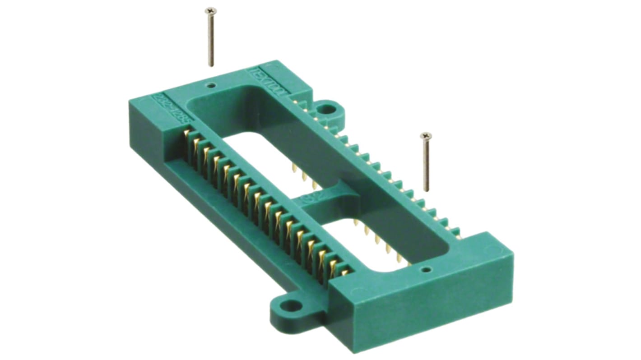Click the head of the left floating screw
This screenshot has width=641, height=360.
coord(210,10)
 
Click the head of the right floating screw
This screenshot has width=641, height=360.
coord(426,135)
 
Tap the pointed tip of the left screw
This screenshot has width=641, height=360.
coord(211,65)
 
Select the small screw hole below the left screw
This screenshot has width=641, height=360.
coord(210,85)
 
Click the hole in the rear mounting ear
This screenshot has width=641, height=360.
coord(328,109)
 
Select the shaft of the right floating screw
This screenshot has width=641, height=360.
coord(426,165)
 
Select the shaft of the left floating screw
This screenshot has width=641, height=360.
coord(210,38)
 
